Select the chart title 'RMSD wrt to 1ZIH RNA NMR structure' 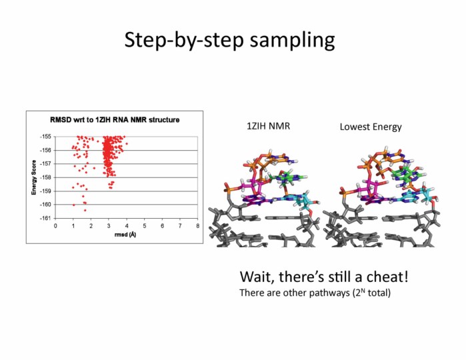pos(115,120)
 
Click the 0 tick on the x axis pos(55,225)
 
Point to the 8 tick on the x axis pos(198,225)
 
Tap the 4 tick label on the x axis pos(127,225)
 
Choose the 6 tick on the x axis pos(163,225)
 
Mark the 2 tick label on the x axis pos(91,225)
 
